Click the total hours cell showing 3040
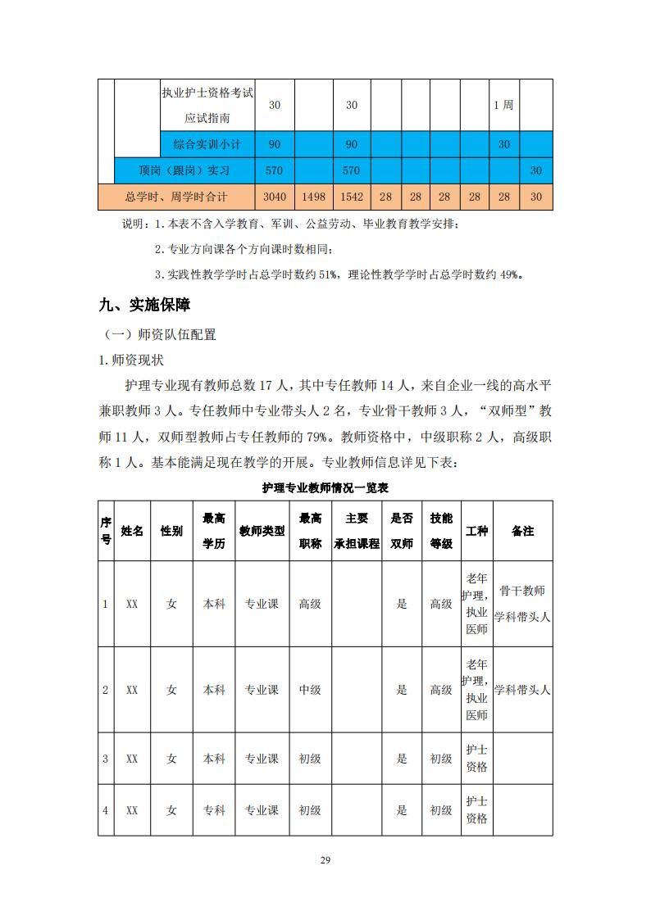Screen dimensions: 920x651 (x=275, y=197)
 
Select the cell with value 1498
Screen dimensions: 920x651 (x=314, y=197)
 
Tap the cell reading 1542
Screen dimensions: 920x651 (x=351, y=197)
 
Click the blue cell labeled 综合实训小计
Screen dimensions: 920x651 (x=207, y=144)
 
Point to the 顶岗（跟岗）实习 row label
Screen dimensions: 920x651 (x=184, y=171)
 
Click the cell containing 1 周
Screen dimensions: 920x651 (x=503, y=105)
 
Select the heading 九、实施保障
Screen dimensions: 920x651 (x=143, y=306)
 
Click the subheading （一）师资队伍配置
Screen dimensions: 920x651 (x=160, y=335)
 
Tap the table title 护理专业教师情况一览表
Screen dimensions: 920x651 (x=325, y=487)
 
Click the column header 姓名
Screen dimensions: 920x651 (x=132, y=531)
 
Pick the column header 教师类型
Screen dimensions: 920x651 (x=262, y=531)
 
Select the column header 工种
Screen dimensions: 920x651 (x=476, y=531)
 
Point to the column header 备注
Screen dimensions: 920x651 (x=522, y=531)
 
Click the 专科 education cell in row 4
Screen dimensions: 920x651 (x=214, y=810)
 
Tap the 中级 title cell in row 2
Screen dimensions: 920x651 (x=310, y=690)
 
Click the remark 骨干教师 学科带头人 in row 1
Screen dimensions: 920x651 (x=522, y=604)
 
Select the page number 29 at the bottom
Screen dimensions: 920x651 (x=325, y=860)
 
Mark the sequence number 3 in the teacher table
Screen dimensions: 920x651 (x=105, y=759)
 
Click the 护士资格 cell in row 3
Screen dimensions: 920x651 (x=476, y=759)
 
